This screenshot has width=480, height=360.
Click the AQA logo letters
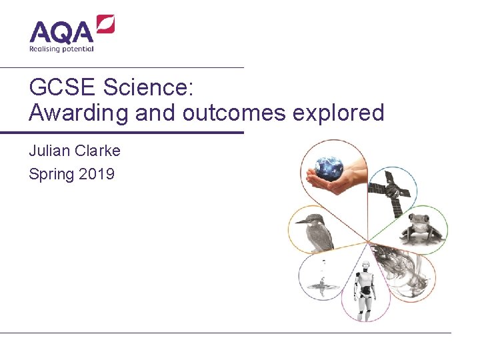pos(62,33)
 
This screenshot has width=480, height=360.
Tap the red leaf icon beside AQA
pos(106,25)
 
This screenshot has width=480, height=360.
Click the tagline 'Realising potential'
pos(61,49)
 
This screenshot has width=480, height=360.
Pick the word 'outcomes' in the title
pos(233,113)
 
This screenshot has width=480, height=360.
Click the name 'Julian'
pos(50,151)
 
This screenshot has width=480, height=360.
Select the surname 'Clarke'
pos(98,151)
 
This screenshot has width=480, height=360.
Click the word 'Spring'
pos(51,175)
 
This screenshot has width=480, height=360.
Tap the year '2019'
pos(97,175)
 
